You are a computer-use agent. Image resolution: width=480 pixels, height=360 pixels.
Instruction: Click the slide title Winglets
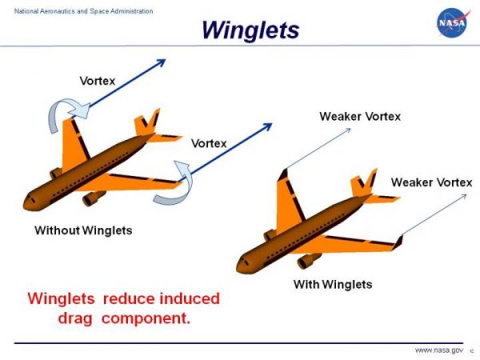tap(250, 30)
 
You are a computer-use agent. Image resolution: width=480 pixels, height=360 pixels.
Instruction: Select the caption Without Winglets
tap(83, 230)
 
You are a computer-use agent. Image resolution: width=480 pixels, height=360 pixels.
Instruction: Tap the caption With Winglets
tap(333, 284)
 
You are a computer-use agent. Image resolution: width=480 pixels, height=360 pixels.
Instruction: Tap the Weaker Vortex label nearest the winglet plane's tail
tap(431, 182)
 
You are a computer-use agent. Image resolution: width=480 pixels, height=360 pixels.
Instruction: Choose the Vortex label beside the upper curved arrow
tap(97, 81)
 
